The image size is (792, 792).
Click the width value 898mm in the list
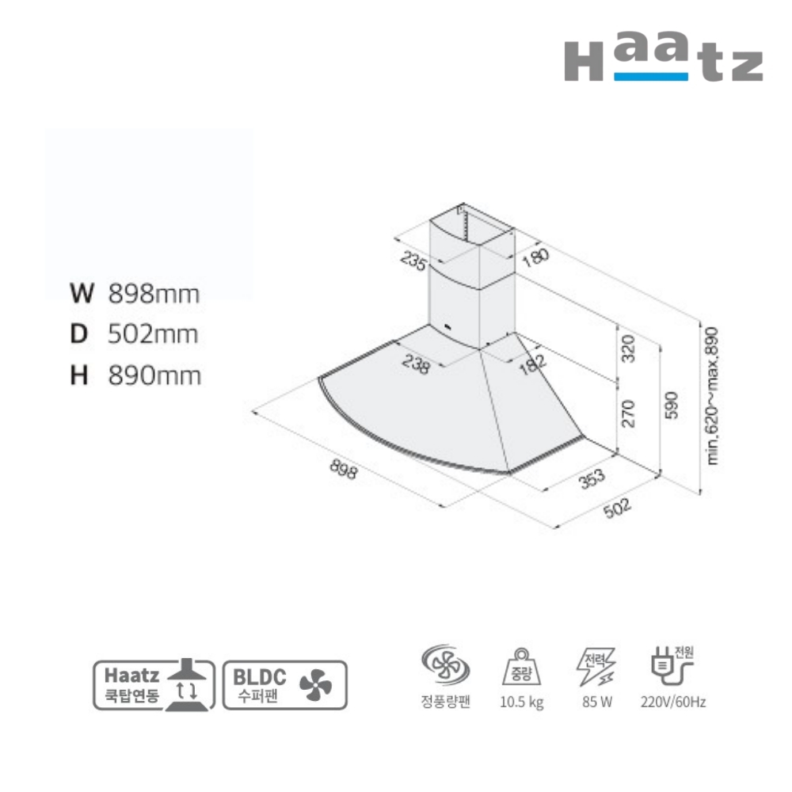[x=154, y=294]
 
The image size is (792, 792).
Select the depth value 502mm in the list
[x=153, y=334]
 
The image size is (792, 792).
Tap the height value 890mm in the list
[x=154, y=375]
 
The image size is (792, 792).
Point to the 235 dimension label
[x=413, y=261]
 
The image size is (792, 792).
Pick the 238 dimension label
[x=416, y=364]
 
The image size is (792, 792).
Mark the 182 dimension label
[x=532, y=364]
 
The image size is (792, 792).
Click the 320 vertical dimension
[x=628, y=348]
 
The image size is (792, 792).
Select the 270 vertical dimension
[x=628, y=413]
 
